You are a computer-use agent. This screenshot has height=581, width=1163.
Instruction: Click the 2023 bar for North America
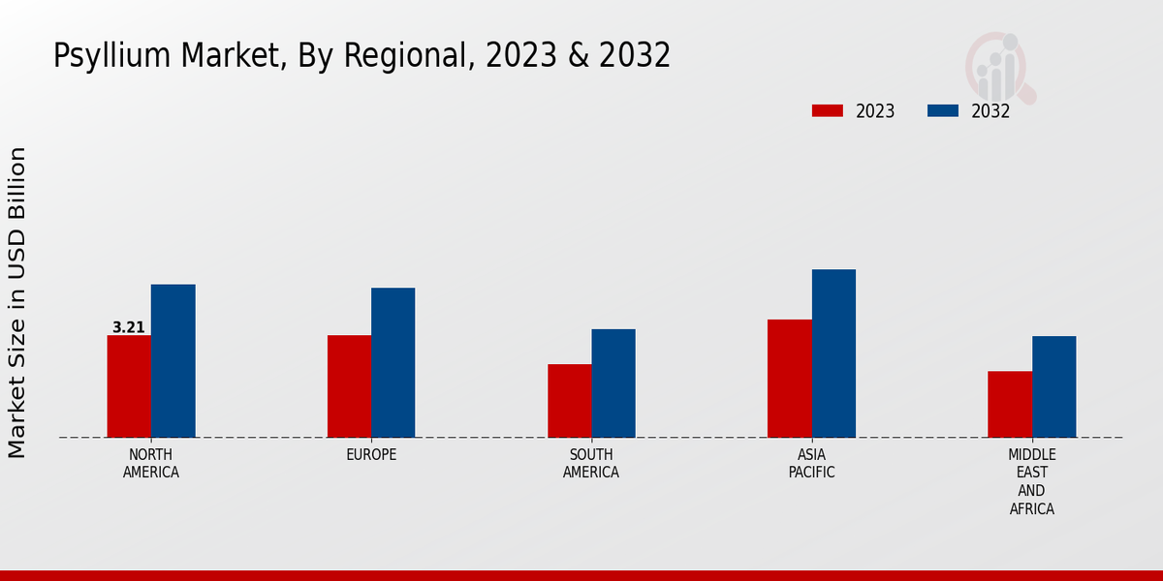(x=129, y=386)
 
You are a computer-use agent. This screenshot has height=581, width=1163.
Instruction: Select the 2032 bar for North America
(x=173, y=360)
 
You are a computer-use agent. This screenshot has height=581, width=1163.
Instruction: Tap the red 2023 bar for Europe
(x=349, y=386)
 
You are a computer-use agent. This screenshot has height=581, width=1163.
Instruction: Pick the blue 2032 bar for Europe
(x=393, y=362)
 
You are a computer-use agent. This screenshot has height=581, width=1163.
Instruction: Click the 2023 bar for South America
(x=569, y=401)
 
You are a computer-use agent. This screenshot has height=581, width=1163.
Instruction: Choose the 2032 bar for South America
(x=613, y=383)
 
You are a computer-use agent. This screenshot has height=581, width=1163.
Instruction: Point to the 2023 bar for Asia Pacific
(x=789, y=379)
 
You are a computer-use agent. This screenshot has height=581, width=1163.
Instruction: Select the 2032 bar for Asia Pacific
(x=833, y=353)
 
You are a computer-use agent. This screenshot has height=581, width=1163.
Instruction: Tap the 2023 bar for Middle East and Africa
(x=1010, y=404)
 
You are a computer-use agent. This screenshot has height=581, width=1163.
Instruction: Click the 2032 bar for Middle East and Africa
(x=1053, y=386)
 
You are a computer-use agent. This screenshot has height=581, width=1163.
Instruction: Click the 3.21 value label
(x=129, y=327)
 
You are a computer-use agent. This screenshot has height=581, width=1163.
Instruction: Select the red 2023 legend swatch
(x=828, y=111)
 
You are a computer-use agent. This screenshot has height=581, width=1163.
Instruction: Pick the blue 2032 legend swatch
(x=942, y=111)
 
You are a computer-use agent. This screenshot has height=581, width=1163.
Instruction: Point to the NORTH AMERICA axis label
(x=151, y=464)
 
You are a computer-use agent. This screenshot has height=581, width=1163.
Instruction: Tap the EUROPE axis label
(x=371, y=455)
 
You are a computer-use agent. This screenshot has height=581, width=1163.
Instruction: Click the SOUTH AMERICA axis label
(x=591, y=464)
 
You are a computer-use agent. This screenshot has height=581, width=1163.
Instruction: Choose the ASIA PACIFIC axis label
(x=811, y=464)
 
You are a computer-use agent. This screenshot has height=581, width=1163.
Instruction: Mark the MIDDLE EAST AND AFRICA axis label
(x=1032, y=481)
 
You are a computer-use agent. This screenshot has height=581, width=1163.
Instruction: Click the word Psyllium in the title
(x=101, y=56)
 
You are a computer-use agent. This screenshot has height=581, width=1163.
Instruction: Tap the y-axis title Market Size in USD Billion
(x=17, y=302)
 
